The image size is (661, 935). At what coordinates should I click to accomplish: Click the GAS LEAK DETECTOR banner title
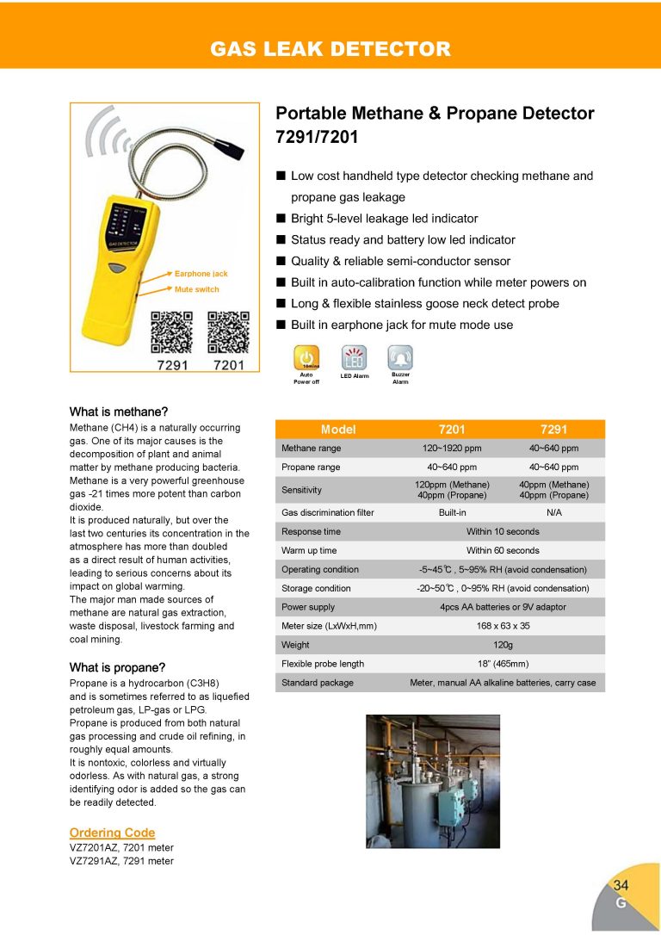330,48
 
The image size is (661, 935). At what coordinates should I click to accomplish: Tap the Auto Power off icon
306,357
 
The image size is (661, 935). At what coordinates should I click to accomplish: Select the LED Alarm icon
354,357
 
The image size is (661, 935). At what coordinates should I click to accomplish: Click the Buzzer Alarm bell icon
400,357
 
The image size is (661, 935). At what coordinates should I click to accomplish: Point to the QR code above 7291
171,331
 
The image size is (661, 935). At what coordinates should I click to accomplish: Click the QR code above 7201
228,331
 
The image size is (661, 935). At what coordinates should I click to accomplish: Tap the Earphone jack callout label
201,274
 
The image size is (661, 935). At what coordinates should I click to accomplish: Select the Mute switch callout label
196,289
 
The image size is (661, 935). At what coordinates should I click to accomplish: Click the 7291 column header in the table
553,430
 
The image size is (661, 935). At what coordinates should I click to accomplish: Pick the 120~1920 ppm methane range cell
452,449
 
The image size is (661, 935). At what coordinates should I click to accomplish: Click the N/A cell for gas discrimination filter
553,512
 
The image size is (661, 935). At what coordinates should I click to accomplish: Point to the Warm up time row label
309,550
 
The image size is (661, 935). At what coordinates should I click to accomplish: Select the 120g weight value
503,645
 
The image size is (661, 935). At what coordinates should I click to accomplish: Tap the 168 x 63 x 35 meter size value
503,626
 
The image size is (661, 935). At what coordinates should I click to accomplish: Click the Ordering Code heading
112,833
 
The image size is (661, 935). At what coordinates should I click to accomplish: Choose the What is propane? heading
117,667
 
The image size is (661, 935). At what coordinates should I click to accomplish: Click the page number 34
621,885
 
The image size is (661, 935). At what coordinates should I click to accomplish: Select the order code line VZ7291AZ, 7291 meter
121,861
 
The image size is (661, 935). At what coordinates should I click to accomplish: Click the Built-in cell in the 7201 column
452,512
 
